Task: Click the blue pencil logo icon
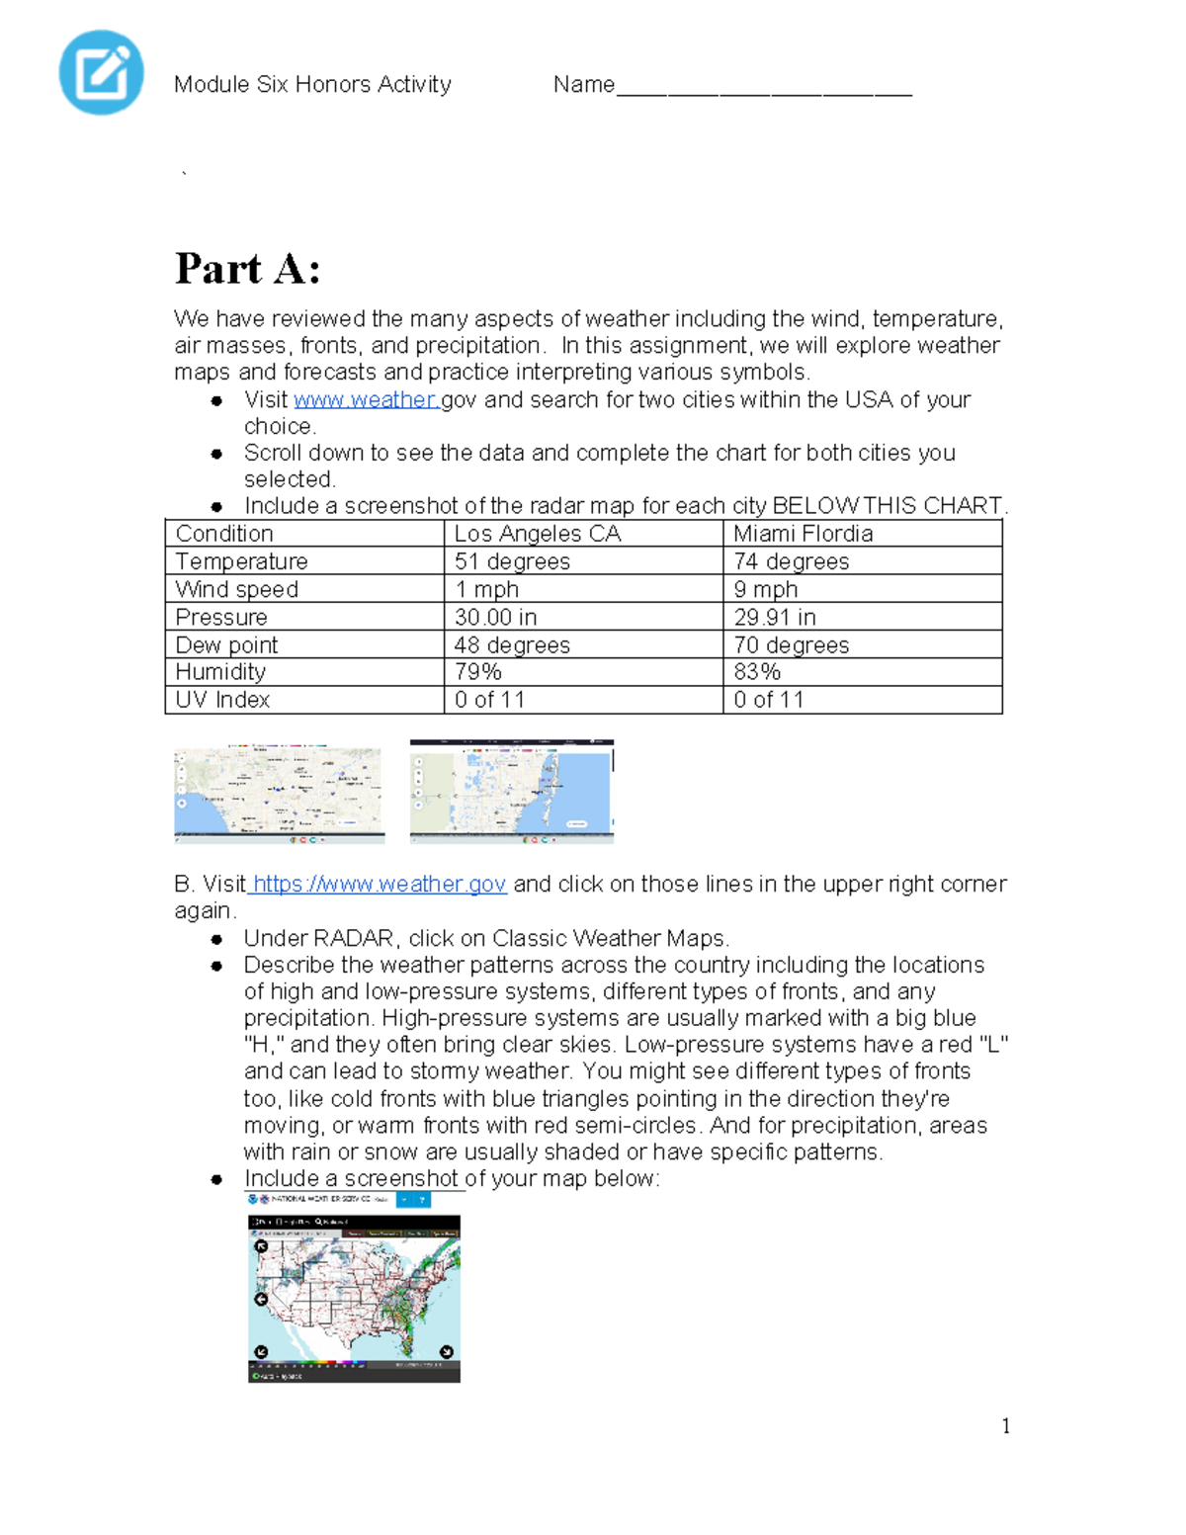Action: click(x=102, y=72)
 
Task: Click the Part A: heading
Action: click(x=247, y=269)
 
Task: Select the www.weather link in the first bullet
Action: click(x=366, y=399)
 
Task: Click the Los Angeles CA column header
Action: click(x=537, y=534)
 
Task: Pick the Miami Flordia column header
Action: click(x=803, y=534)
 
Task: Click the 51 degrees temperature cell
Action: click(x=512, y=561)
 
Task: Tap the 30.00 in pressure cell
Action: click(x=495, y=617)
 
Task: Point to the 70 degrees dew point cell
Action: click(x=791, y=644)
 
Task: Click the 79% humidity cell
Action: click(x=477, y=672)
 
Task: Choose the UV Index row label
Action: click(x=222, y=700)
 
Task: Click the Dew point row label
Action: click(x=226, y=644)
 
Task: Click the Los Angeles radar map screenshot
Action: click(x=279, y=793)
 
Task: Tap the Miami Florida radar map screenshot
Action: click(x=512, y=791)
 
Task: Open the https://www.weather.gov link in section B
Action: click(x=380, y=884)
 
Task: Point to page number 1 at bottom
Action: click(x=1005, y=1425)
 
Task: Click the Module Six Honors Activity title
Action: click(x=312, y=85)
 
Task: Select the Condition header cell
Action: click(x=224, y=534)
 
